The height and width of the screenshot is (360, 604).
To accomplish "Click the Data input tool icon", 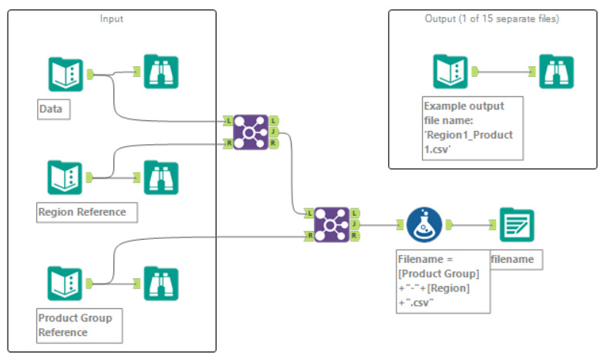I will [64, 74].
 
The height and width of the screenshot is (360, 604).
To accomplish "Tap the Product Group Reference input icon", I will [64, 284].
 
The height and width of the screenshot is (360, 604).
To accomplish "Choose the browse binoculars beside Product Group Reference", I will [161, 284].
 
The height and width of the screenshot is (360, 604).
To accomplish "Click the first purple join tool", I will [251, 131].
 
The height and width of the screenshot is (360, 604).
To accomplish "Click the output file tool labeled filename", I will [517, 224].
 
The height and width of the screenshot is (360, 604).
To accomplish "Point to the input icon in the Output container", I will [450, 71].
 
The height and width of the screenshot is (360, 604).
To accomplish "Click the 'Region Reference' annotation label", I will [81, 211].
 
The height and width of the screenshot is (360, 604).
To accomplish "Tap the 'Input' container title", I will [112, 18].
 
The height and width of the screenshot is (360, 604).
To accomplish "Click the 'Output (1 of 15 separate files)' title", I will [492, 18].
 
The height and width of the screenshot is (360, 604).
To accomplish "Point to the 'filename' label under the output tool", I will [515, 260].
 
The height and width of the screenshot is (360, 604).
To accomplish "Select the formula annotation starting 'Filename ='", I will [443, 281].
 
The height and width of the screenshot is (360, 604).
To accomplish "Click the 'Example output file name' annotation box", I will [471, 126].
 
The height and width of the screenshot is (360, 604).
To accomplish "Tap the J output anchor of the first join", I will [275, 132].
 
